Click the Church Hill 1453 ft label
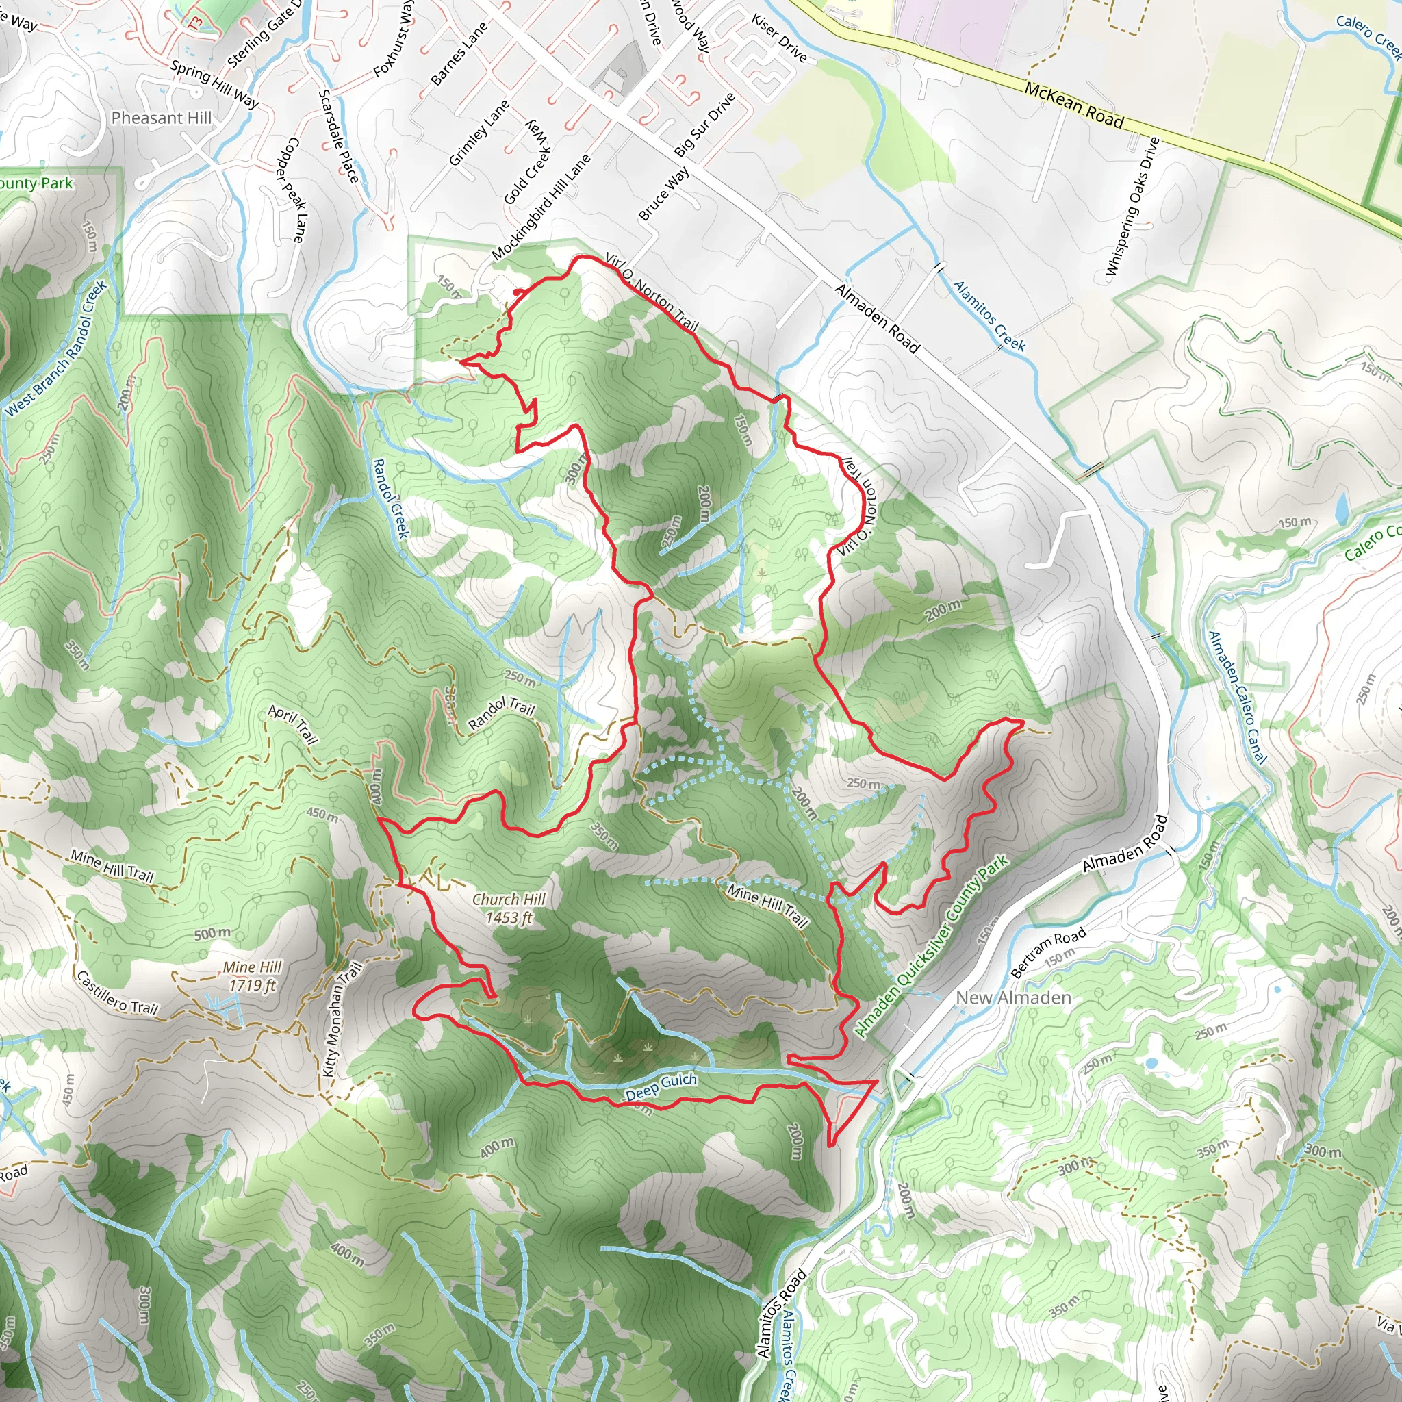tap(509, 908)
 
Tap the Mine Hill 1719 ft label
tap(252, 976)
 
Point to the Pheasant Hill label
tap(161, 118)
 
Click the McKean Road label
tap(1074, 105)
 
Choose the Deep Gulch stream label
tap(661, 1086)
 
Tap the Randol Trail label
tap(501, 713)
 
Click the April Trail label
tap(293, 724)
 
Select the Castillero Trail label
tap(117, 991)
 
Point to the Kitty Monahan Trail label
tap(342, 1019)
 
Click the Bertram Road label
tap(1048, 952)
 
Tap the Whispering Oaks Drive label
tap(1132, 207)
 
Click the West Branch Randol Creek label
tap(57, 348)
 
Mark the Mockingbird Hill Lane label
tap(541, 207)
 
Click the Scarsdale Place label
tap(338, 136)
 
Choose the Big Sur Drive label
tap(704, 125)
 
